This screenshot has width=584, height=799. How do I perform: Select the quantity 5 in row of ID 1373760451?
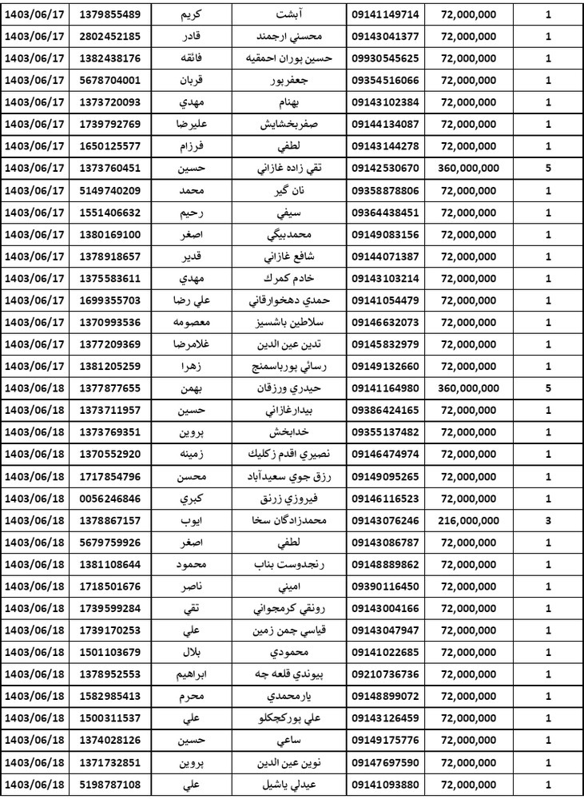pyautogui.click(x=547, y=167)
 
